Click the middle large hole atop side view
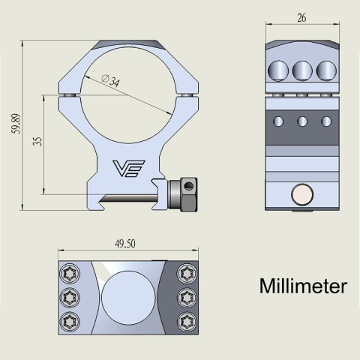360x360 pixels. (302, 70)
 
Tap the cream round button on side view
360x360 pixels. (302, 196)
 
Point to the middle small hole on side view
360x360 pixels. (302, 121)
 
